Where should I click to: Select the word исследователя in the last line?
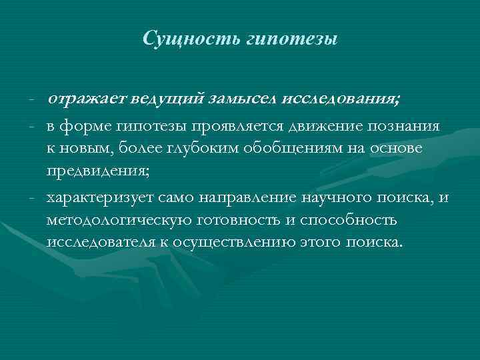pos(99,241)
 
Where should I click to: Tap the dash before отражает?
pos(32,101)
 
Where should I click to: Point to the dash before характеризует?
pos(32,198)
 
